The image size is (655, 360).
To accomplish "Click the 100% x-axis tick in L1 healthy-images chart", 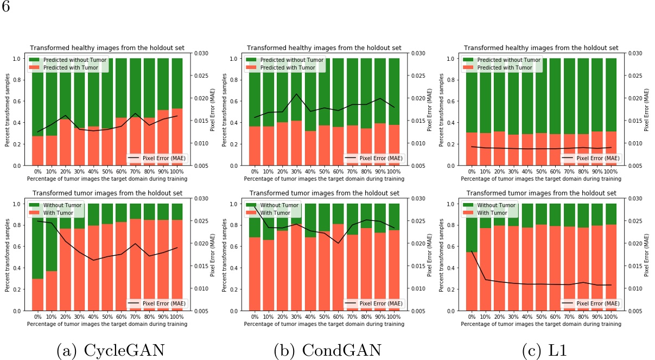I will [611, 171].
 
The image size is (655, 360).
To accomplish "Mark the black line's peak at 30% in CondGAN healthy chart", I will [296, 94].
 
